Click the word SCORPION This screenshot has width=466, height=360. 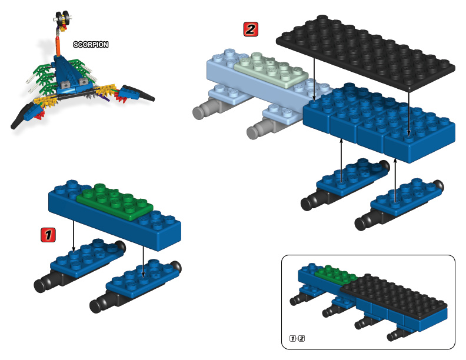point(91,44)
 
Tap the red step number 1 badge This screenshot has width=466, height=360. point(48,235)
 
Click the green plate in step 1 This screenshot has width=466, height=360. point(115,200)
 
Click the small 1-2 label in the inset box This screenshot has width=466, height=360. point(297,338)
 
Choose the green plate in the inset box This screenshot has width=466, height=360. point(336,274)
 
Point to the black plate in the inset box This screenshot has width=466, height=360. point(388,294)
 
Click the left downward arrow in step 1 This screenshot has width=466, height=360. point(73,235)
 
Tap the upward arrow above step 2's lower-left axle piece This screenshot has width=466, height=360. point(342,159)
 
